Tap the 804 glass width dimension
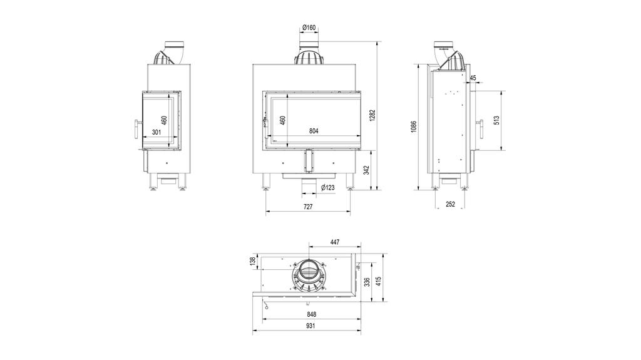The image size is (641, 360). (x=314, y=131)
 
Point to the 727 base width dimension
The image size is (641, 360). (x=307, y=206)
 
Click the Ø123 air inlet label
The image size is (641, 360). (x=326, y=187)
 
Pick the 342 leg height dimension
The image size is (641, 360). (x=367, y=170)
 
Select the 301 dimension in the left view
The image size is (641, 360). (x=156, y=132)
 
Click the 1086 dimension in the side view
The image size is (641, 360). (x=414, y=126)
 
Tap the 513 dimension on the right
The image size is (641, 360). (x=496, y=120)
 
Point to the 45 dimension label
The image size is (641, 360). (x=473, y=78)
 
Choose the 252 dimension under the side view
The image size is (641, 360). (x=450, y=204)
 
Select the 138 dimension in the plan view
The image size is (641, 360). (x=253, y=260)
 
